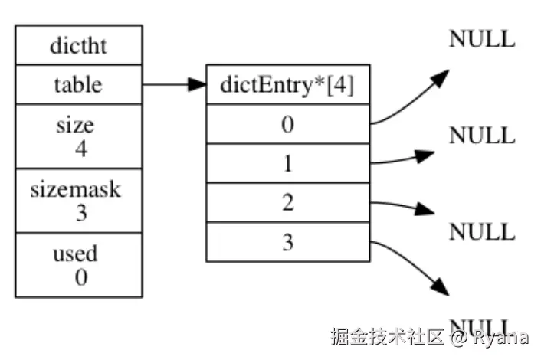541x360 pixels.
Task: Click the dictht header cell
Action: (x=78, y=45)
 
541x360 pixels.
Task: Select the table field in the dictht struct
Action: (x=78, y=84)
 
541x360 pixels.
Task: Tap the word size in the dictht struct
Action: (x=74, y=125)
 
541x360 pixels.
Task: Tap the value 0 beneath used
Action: (x=80, y=277)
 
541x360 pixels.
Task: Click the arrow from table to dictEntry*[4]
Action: (x=174, y=84)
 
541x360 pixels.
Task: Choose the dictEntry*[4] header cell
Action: (x=287, y=84)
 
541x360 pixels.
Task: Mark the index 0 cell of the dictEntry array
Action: (x=287, y=124)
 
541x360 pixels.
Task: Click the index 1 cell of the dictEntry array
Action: (x=287, y=163)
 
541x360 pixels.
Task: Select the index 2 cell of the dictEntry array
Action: (x=287, y=203)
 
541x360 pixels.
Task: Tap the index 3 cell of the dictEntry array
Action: (x=287, y=243)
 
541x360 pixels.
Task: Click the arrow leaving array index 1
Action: (x=405, y=159)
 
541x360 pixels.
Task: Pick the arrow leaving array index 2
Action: (x=405, y=207)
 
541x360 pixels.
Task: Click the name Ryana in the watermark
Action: (x=501, y=336)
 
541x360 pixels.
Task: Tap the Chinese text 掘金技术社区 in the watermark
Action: (x=388, y=336)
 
